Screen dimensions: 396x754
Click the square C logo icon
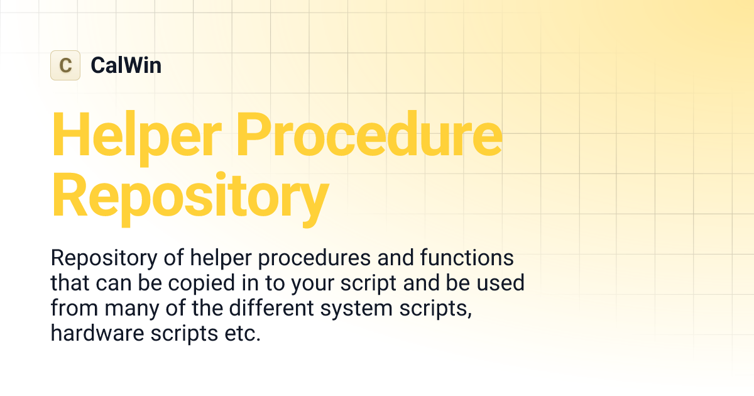point(65,65)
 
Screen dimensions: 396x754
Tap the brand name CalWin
point(126,65)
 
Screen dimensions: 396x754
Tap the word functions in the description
point(458,258)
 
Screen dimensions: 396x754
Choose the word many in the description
point(134,309)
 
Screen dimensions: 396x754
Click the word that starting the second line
point(70,283)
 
